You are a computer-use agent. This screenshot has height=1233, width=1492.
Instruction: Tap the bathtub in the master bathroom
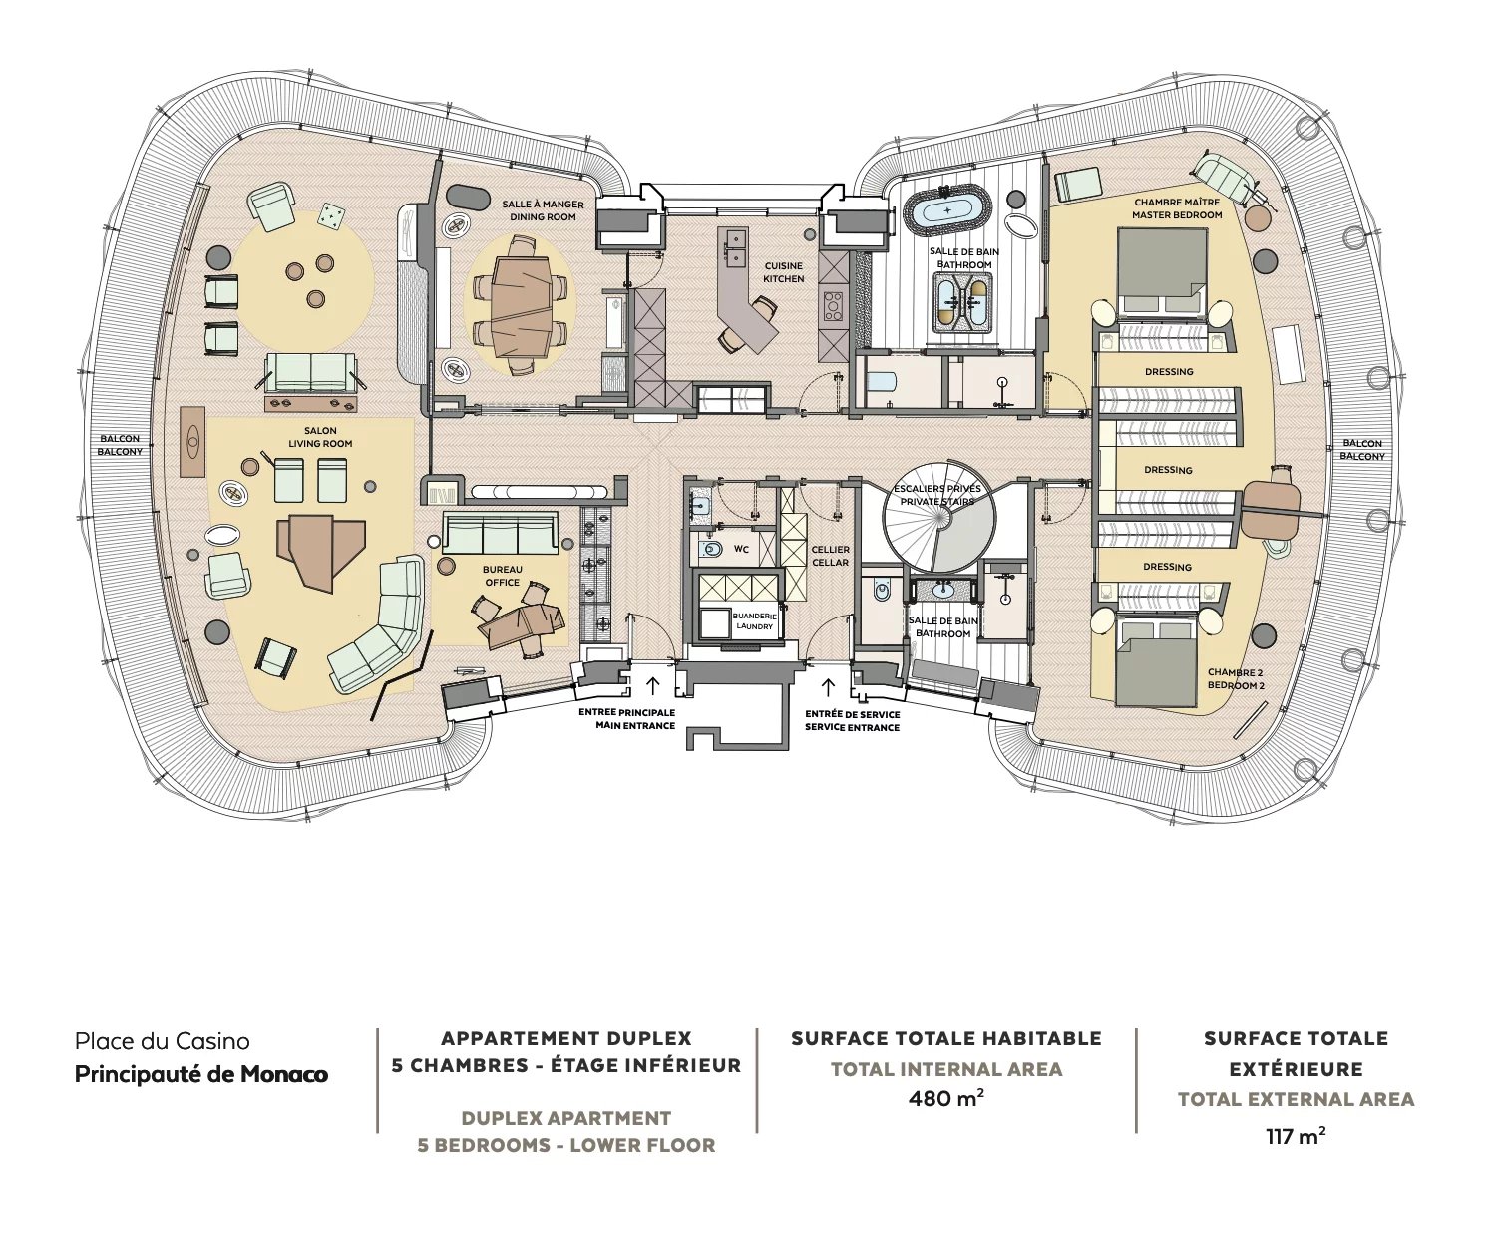point(947,211)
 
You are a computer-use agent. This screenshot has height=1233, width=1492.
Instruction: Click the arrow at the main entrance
point(653,686)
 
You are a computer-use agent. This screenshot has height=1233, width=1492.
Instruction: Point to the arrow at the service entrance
point(827,686)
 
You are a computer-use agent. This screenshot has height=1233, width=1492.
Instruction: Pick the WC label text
point(741,549)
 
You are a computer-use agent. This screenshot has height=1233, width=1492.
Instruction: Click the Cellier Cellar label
point(830,556)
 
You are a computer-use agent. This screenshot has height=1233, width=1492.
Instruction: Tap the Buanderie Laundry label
point(753,621)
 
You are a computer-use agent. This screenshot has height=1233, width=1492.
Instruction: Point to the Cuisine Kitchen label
point(784,272)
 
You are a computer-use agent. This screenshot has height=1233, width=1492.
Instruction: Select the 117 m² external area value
point(1296,1135)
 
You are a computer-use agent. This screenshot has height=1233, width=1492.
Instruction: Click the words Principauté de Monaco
point(201,1075)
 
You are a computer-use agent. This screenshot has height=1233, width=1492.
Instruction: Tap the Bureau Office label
point(503,576)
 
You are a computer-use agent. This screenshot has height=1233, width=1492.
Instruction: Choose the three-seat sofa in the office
point(500,534)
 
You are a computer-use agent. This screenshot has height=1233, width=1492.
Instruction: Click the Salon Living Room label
point(321,437)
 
